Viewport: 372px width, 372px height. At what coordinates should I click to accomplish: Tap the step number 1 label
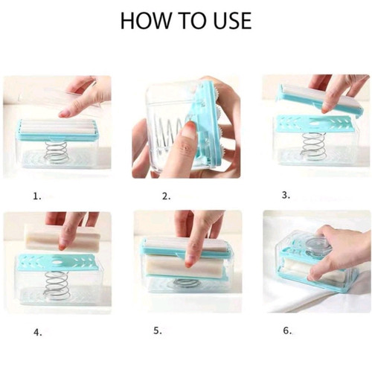point(37,196)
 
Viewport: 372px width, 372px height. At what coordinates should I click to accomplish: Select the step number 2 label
point(166,196)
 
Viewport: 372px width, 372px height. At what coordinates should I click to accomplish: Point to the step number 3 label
point(286,195)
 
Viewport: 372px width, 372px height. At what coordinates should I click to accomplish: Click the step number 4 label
point(37,333)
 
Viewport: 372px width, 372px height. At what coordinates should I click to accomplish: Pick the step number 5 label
point(158,330)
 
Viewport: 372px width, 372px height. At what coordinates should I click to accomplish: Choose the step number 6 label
point(287,330)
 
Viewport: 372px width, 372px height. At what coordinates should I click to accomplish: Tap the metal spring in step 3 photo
point(313,147)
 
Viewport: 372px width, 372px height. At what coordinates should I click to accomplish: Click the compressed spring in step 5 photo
point(185,283)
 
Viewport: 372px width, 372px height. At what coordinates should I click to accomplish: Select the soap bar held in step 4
point(62,238)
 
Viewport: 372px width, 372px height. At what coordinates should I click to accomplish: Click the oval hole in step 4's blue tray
point(58,262)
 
